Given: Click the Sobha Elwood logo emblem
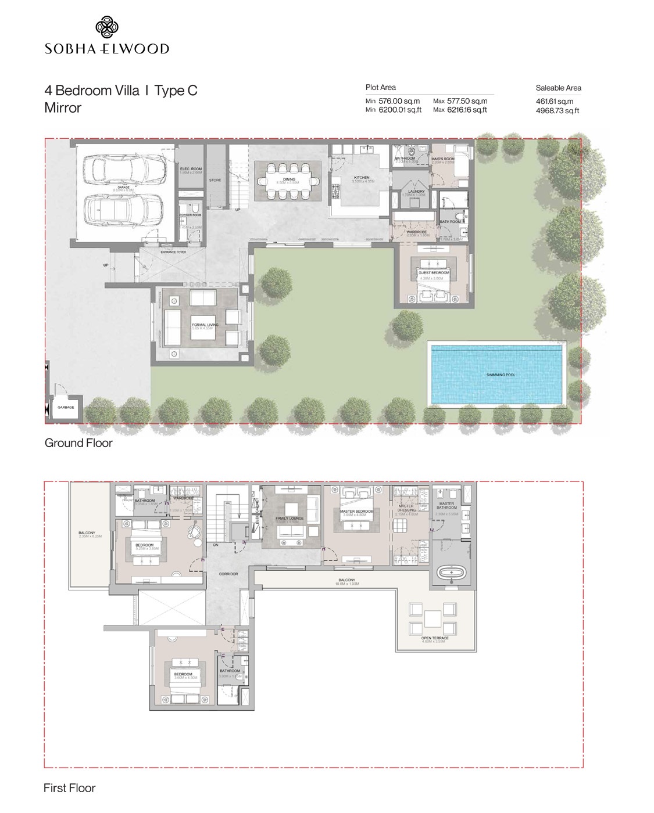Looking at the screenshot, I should (107, 28).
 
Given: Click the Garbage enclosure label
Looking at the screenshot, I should (66, 408).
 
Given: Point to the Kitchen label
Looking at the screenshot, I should (362, 178).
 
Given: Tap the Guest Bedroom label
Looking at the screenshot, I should (434, 272).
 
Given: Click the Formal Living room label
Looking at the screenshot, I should (205, 325).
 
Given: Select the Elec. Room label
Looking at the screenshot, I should (190, 169).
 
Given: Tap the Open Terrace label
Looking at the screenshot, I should (434, 638).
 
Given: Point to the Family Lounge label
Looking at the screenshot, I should (290, 518).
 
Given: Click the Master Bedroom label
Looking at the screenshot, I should (357, 512).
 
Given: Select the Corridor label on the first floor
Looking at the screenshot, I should (228, 574).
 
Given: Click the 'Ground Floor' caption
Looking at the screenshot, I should (78, 443).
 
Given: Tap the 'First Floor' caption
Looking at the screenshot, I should (69, 788).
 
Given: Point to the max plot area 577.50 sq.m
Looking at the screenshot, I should (467, 101).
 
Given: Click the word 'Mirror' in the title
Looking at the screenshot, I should (63, 108).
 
